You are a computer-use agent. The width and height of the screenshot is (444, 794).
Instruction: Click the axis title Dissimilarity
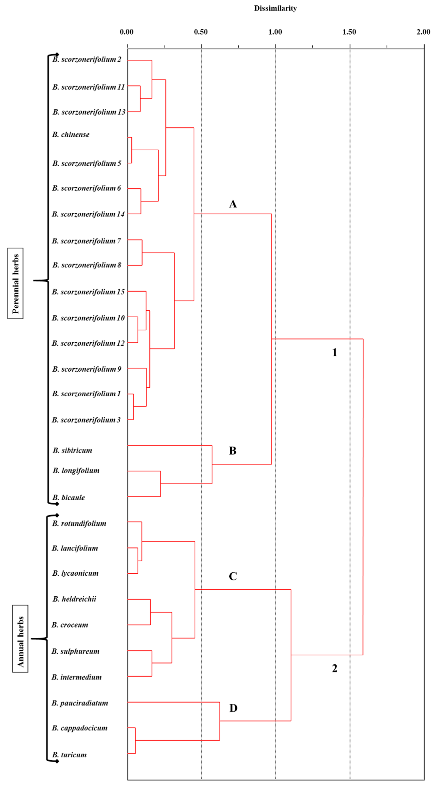pos(275,8)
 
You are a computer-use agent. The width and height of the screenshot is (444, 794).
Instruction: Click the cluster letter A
pos(233,204)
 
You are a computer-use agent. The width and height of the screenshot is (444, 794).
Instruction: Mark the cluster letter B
pos(233,451)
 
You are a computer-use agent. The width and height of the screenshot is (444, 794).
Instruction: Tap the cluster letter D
pos(233,708)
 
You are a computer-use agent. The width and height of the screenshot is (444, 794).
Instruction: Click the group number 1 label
pos(334,352)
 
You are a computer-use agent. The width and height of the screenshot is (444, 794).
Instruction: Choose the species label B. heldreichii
pos(74,599)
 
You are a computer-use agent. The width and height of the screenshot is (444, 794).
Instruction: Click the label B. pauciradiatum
pos(80,703)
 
